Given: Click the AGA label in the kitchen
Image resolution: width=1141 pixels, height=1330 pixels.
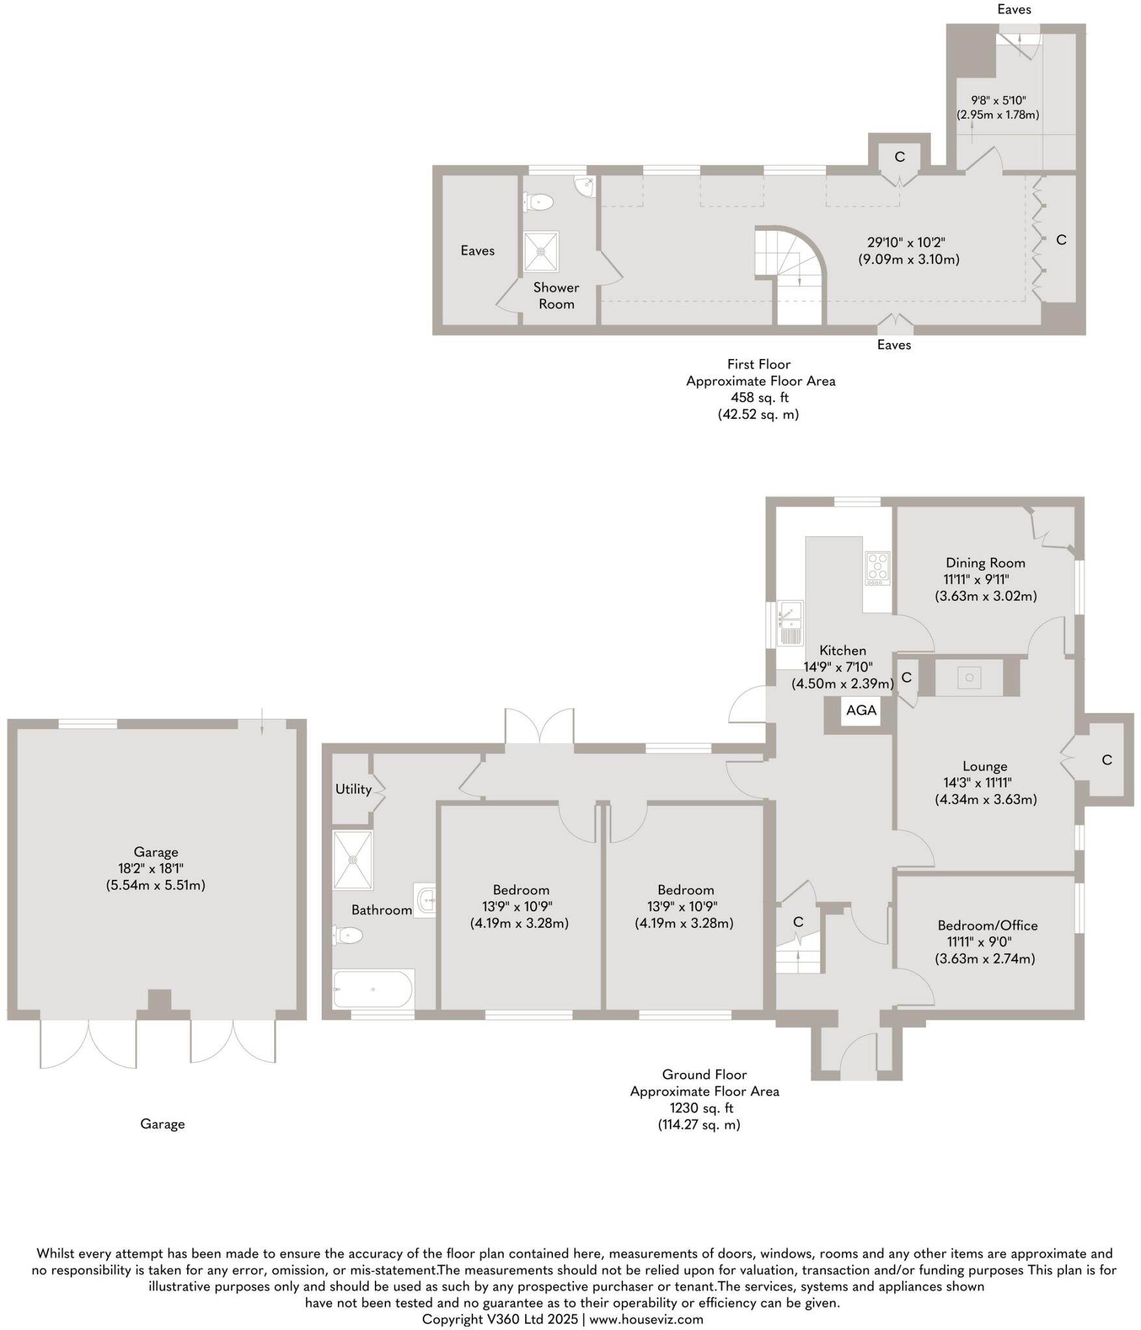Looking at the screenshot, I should tap(860, 710).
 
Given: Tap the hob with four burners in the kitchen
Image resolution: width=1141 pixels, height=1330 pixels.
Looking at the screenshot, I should tap(877, 568).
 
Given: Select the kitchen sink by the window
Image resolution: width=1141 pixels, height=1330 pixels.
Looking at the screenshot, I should tap(791, 623).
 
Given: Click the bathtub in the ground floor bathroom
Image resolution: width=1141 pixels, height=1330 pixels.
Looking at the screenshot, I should tap(373, 989).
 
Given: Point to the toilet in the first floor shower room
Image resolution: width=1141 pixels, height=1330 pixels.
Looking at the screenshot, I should tap(539, 203).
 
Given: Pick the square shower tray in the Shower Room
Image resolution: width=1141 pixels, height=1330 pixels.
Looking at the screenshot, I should tap(541, 251).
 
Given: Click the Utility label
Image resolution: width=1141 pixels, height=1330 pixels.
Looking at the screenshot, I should tap(353, 789).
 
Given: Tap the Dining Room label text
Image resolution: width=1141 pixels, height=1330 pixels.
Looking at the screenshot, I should tap(985, 563).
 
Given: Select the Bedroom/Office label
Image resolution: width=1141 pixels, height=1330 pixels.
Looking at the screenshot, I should tap(987, 925).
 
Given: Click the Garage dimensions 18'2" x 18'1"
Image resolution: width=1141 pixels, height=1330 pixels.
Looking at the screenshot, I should tap(156, 868).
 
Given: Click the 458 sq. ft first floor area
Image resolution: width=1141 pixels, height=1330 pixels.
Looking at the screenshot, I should tap(759, 397).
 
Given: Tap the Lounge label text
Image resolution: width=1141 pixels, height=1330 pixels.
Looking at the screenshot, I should tap(984, 766).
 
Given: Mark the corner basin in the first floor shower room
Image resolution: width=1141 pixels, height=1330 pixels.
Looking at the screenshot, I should tap(586, 186).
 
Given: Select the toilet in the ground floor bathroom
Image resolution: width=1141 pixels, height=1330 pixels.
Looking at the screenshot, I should tap(348, 936).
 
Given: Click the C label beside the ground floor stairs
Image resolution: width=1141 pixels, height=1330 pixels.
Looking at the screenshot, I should tap(798, 922).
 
